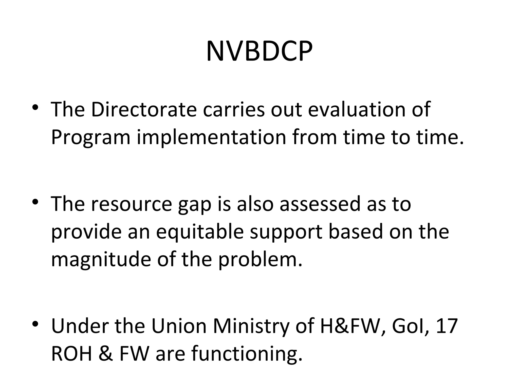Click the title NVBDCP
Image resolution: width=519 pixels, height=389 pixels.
click(259, 52)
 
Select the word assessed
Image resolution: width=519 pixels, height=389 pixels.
click(320, 204)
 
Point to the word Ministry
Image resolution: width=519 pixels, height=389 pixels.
click(251, 326)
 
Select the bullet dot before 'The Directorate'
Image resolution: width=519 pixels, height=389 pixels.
click(35, 107)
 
